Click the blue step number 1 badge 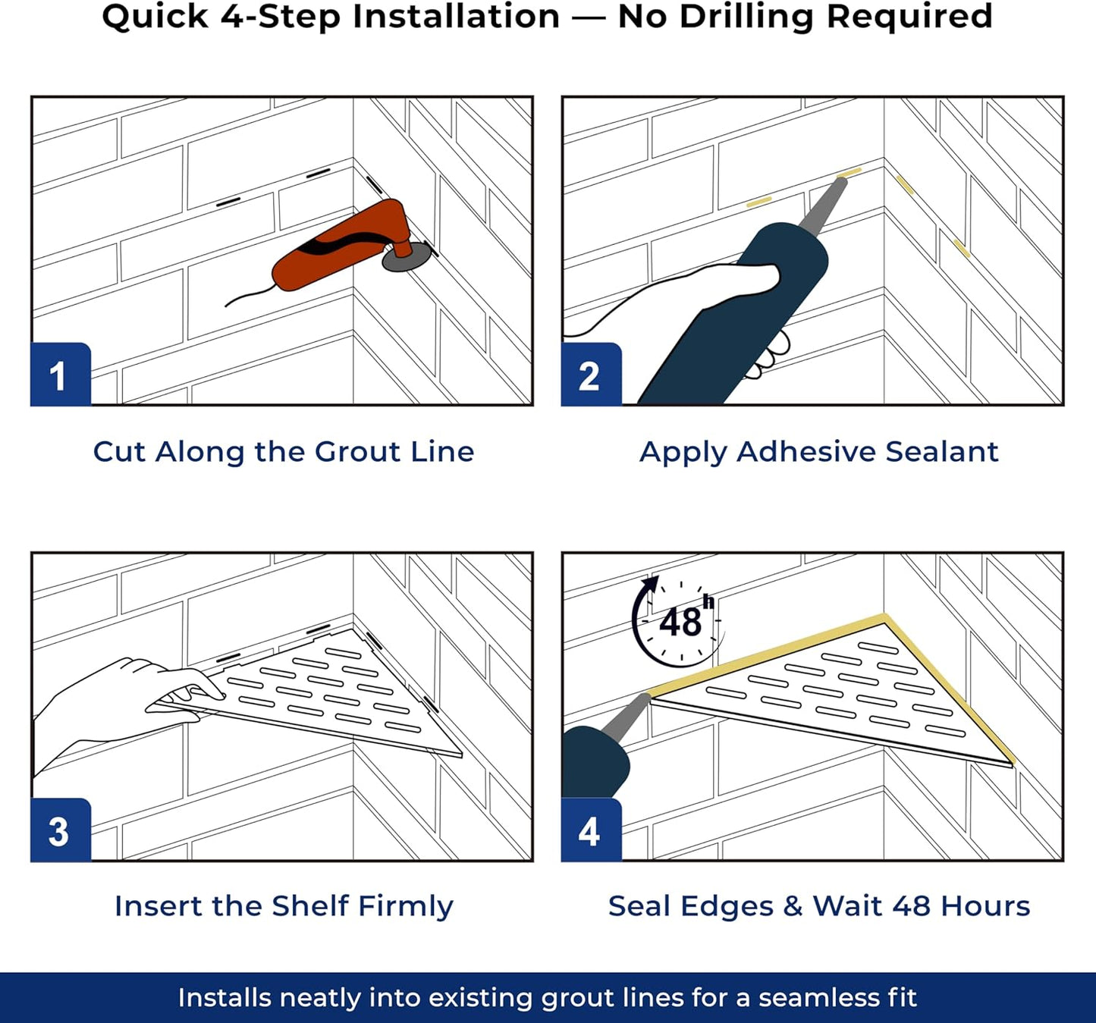pyautogui.click(x=61, y=374)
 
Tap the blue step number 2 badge pyautogui.click(x=591, y=374)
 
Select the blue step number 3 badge pyautogui.click(x=61, y=830)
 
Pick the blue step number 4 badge pyautogui.click(x=591, y=830)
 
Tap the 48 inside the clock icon pyautogui.click(x=680, y=623)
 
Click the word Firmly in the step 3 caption pyautogui.click(x=406, y=907)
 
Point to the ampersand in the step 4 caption pyautogui.click(x=793, y=906)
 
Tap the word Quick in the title pyautogui.click(x=155, y=17)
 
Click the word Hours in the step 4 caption pyautogui.click(x=985, y=906)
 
